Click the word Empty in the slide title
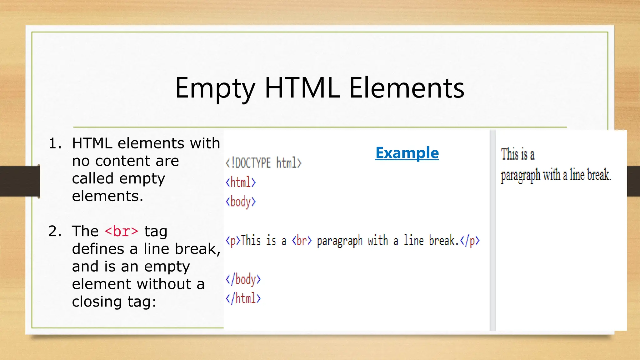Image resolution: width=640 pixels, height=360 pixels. pos(215,88)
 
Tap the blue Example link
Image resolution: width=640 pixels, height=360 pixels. pos(407,153)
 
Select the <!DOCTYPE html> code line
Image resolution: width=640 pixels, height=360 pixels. pos(263,163)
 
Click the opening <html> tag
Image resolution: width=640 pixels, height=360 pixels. pos(241,182)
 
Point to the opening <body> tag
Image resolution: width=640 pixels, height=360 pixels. pos(241,202)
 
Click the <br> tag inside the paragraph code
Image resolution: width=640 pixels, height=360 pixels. pos(302,241)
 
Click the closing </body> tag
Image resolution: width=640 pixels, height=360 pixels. pos(243,279)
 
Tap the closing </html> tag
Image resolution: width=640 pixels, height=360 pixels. pos(243,298)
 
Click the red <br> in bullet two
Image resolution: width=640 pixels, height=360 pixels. pos(121,232)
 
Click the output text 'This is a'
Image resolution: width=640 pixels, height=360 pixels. pos(517,154)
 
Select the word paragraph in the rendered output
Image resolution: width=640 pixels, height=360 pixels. pos(520,175)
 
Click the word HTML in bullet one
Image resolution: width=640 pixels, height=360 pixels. pos(92,143)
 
